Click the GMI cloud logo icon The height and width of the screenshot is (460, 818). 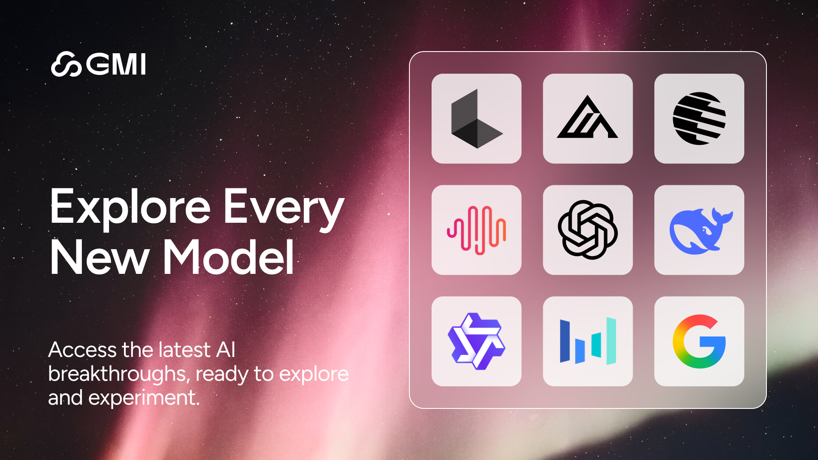66,64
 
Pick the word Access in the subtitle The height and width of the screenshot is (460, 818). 82,350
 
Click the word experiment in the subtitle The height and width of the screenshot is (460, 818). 144,398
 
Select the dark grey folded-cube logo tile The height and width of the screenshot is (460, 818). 476,118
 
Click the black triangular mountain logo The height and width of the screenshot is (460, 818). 588,117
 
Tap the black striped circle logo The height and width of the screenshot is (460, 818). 699,118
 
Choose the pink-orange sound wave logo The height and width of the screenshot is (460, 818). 476,230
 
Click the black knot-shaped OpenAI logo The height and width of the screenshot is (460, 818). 588,230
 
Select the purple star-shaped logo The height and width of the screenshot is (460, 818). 476,341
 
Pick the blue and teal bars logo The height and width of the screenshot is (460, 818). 588,341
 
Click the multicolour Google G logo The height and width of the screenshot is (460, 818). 699,341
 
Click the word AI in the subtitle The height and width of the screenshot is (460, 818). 226,350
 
